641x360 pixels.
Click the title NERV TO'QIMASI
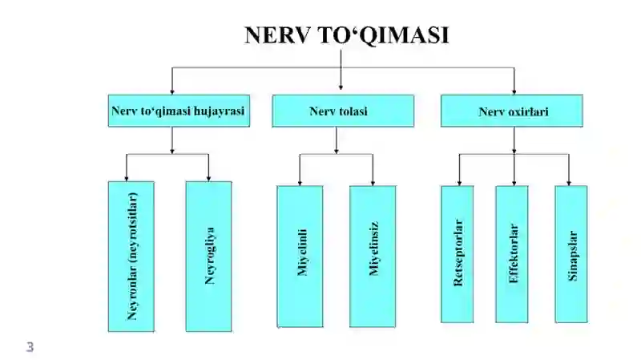tap(347, 35)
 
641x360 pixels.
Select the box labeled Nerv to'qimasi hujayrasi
tap(179, 111)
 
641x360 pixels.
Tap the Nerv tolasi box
tap(343, 111)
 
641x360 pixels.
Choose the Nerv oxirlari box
tap(512, 111)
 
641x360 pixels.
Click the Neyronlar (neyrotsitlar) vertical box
tap(131, 257)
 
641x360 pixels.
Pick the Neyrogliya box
tap(208, 257)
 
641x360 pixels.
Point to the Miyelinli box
tap(300, 257)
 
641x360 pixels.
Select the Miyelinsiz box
tap(373, 257)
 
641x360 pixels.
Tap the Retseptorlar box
tap(457, 254)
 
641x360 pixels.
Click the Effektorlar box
tap(512, 254)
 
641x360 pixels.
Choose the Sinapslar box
tap(571, 254)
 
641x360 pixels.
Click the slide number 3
tap(30, 347)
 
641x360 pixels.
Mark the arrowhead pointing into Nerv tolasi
tap(341, 87)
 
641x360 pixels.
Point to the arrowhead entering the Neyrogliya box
tap(208, 178)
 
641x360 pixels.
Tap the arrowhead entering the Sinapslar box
tap(569, 183)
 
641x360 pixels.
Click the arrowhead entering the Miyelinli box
tap(300, 183)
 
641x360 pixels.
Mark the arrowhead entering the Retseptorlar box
tap(459, 183)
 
